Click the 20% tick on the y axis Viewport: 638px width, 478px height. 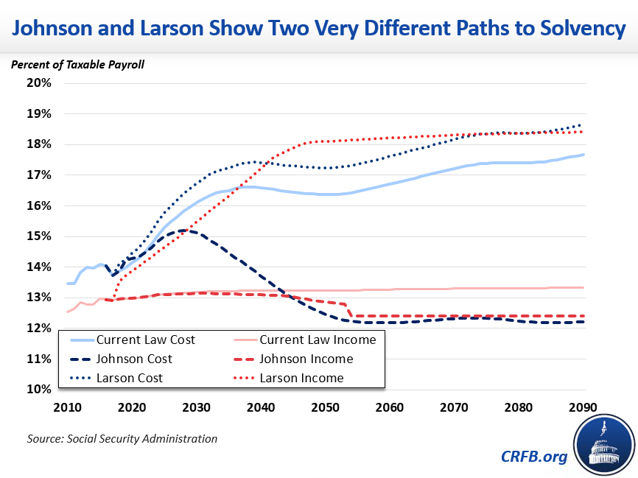[40, 82]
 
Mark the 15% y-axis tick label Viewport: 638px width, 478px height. [40, 236]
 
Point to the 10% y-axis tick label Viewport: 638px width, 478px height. [40, 390]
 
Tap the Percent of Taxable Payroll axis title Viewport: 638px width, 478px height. [77, 64]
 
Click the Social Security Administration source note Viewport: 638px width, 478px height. [122, 439]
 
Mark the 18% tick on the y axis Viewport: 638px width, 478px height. [40, 144]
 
